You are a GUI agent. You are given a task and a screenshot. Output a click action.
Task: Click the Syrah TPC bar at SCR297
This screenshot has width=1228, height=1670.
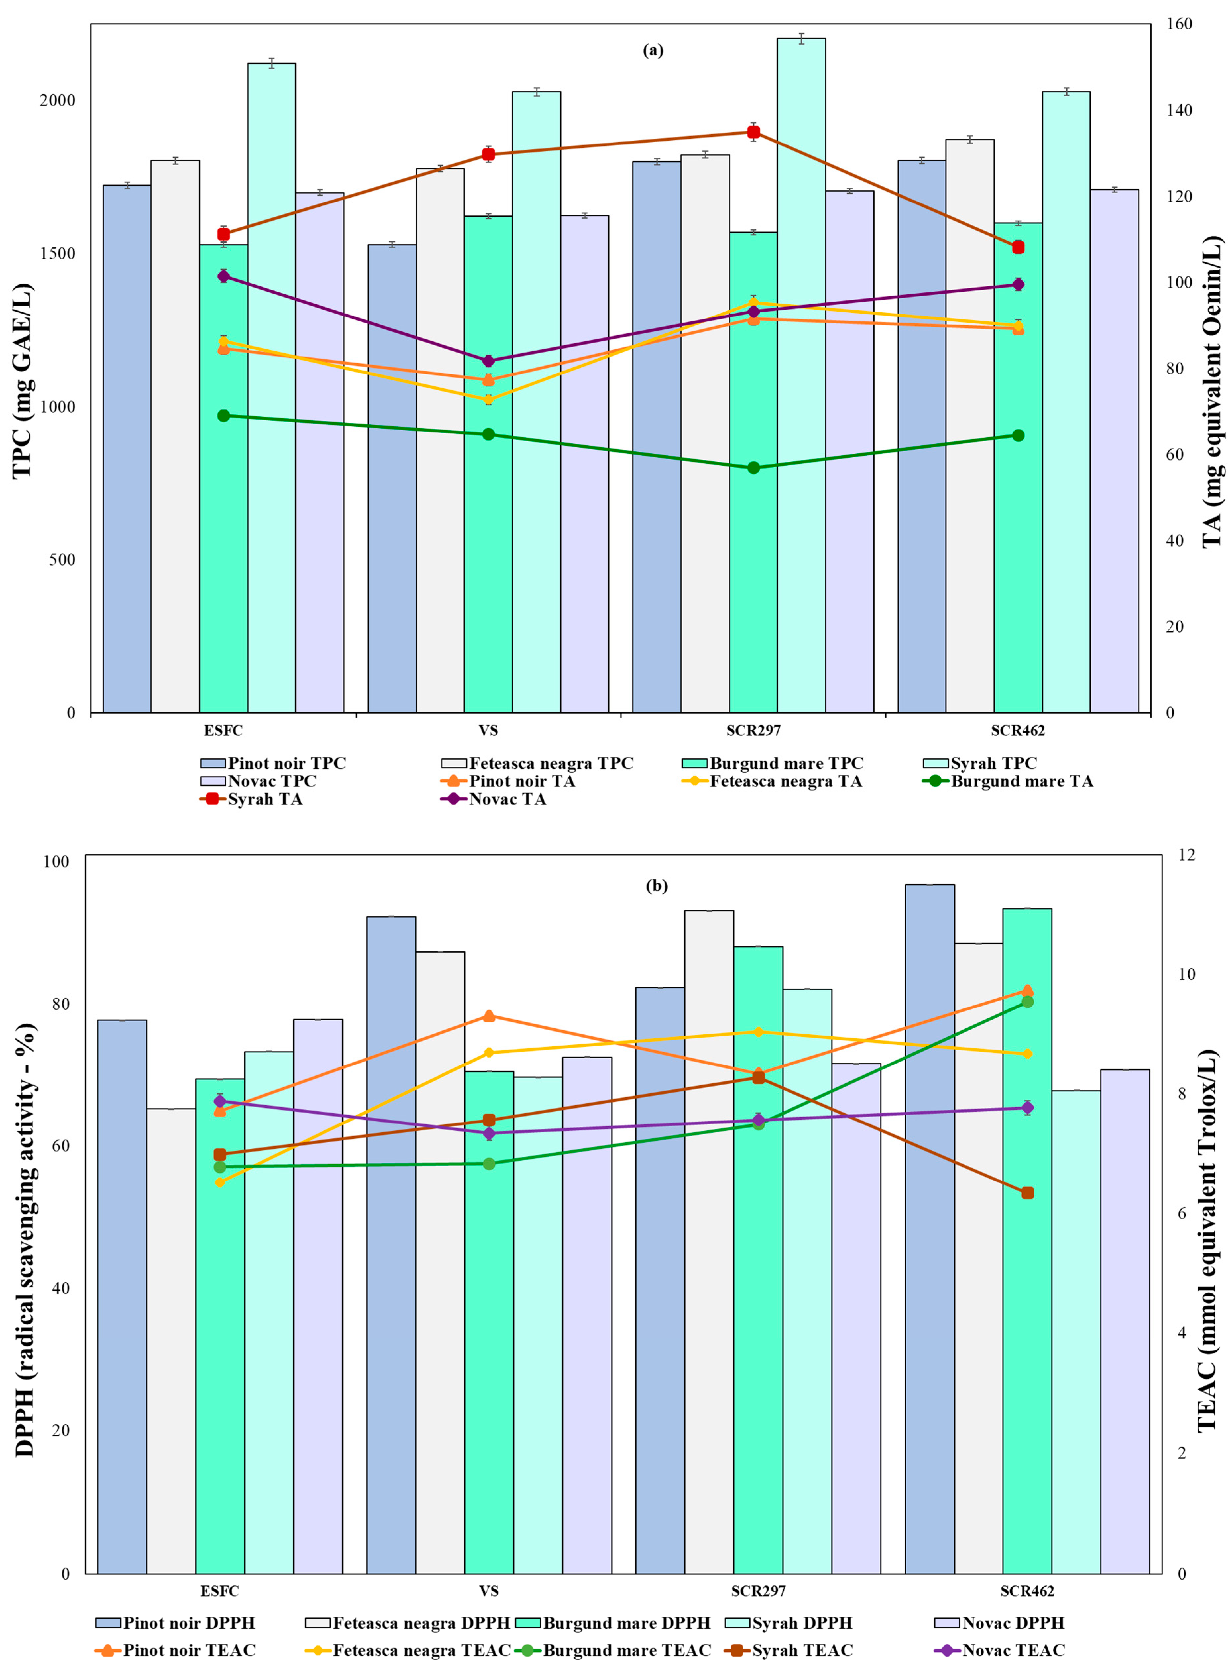(801, 375)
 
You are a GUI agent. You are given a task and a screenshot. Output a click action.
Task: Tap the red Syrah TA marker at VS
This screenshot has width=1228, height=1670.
(488, 154)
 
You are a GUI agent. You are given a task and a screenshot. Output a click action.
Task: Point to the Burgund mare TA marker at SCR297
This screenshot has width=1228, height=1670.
(753, 468)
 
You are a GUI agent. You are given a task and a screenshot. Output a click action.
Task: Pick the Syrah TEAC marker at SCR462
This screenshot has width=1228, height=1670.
(1027, 1193)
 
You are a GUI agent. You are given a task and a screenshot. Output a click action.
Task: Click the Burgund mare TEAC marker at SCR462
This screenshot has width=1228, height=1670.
(1027, 1002)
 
